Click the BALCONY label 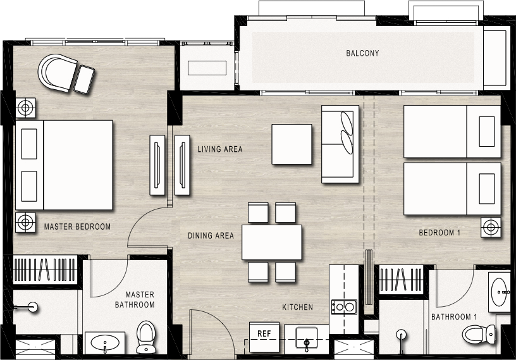362,53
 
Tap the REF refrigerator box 264,337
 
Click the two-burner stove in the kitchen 344,307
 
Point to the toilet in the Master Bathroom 145,337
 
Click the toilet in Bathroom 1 479,334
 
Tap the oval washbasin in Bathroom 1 500,292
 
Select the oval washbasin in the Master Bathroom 104,343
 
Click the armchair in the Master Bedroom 58,73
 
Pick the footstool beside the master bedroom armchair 84,79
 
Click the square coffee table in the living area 292,144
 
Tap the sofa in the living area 340,144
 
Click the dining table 272,242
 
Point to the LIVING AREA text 220,149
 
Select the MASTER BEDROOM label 77,227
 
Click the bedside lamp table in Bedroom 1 491,227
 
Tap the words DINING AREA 211,235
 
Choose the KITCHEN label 297,307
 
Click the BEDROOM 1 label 439,233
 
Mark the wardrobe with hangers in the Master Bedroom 45,270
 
